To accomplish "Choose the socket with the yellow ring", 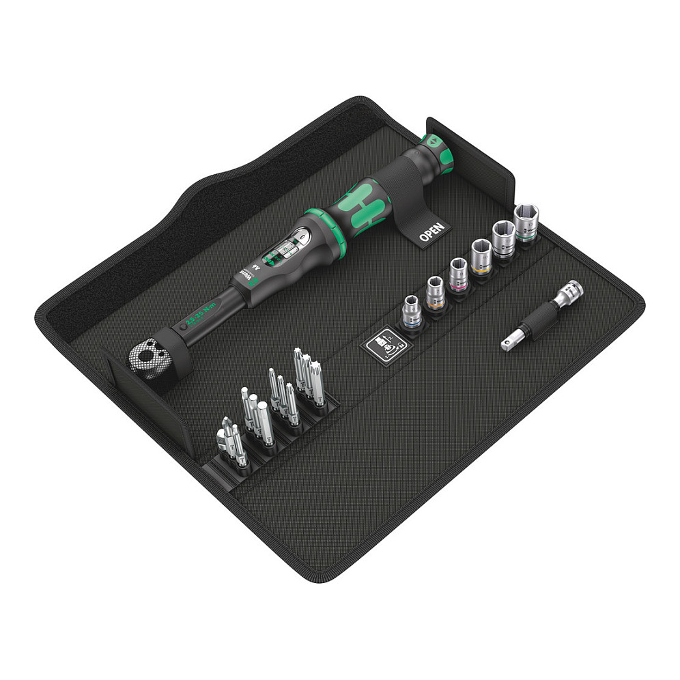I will pyautogui.click(x=479, y=259).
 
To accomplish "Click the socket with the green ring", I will pyautogui.click(x=503, y=242).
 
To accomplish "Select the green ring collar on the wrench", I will pyautogui.click(x=318, y=225).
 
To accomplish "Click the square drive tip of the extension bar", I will pyautogui.click(x=507, y=345).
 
